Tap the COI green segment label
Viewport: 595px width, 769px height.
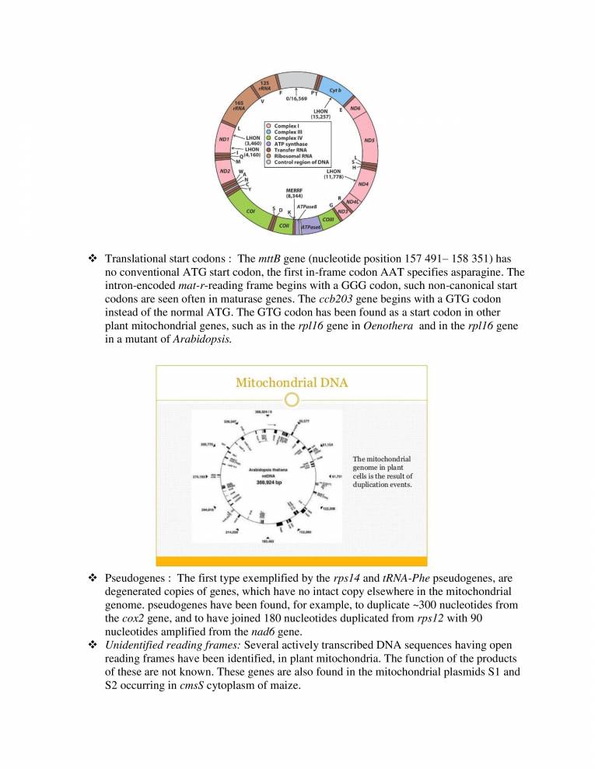(x=251, y=211)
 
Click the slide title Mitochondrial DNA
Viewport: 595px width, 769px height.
(x=292, y=382)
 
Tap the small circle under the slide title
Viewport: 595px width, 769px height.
(x=292, y=400)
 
